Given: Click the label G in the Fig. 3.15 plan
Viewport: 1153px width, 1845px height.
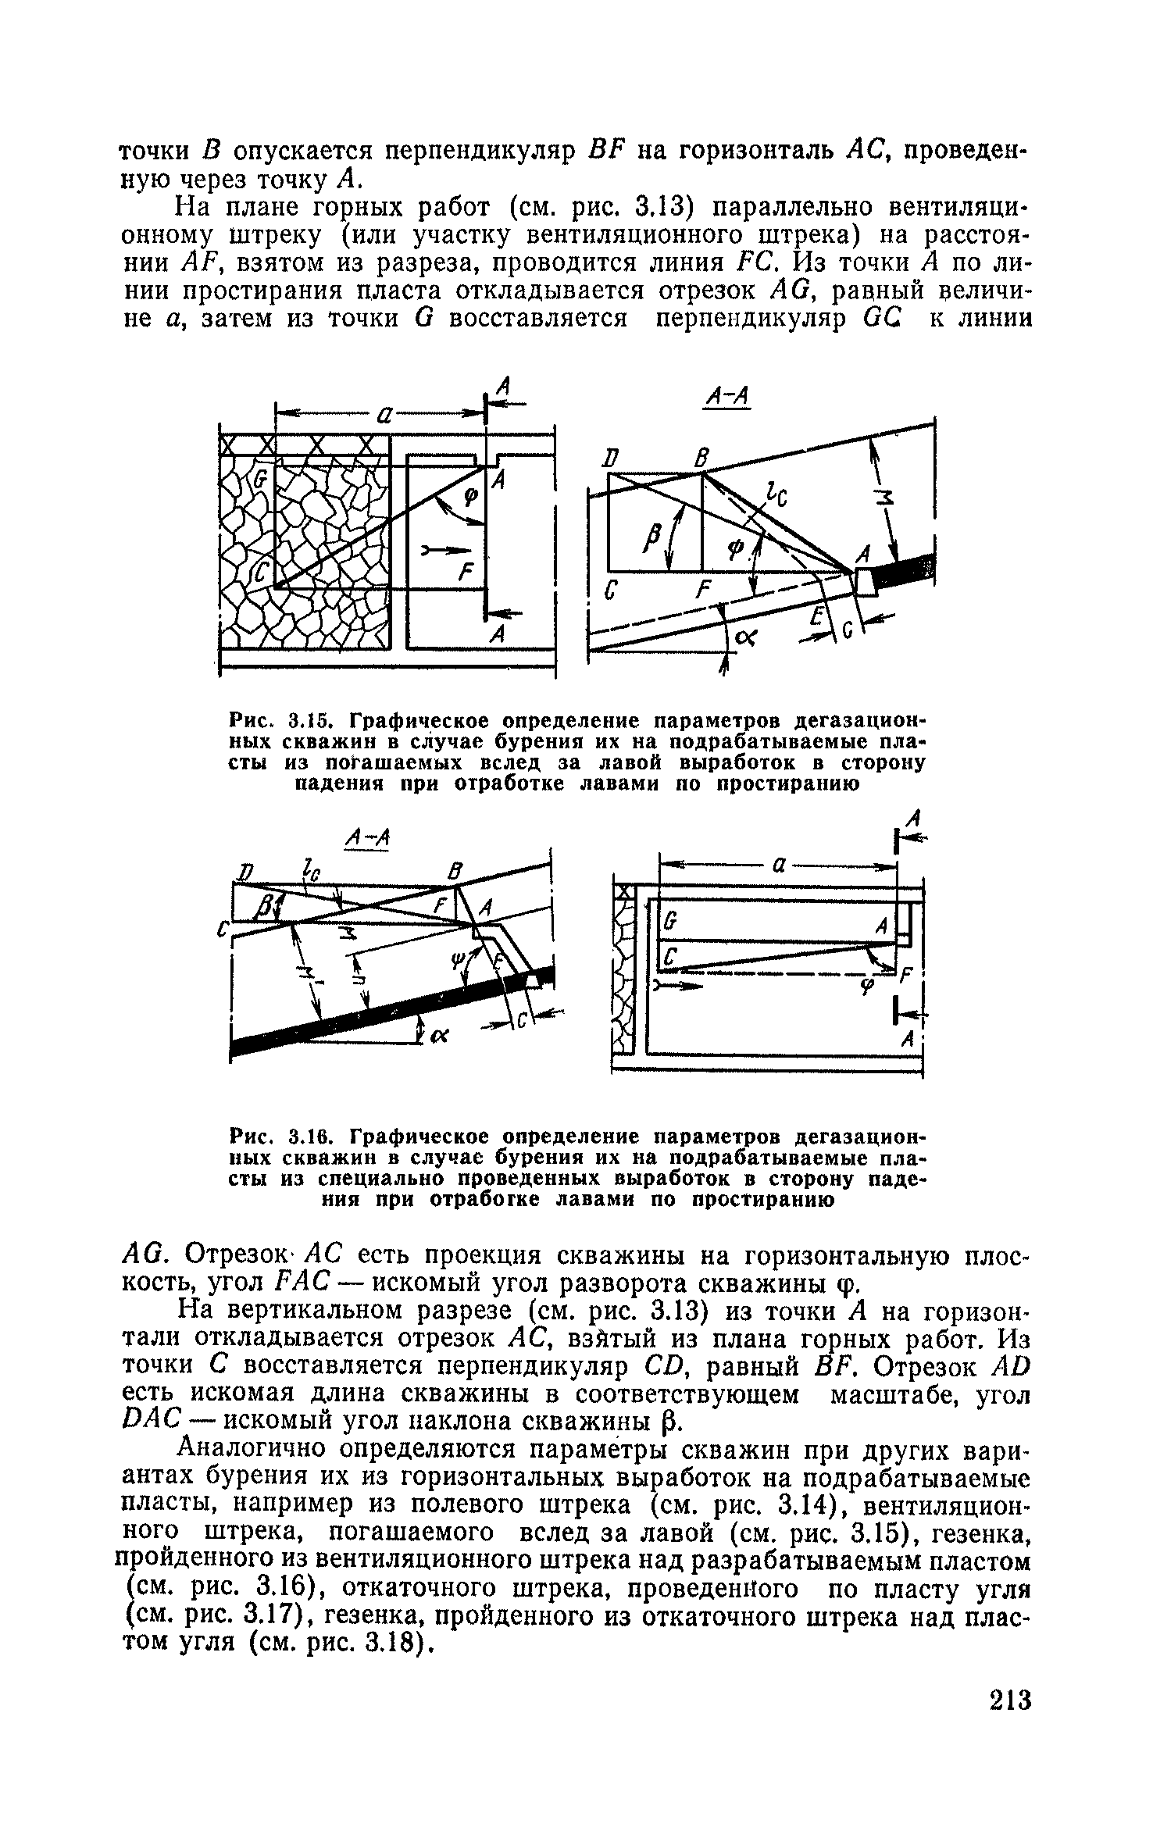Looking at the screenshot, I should click(x=261, y=478).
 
